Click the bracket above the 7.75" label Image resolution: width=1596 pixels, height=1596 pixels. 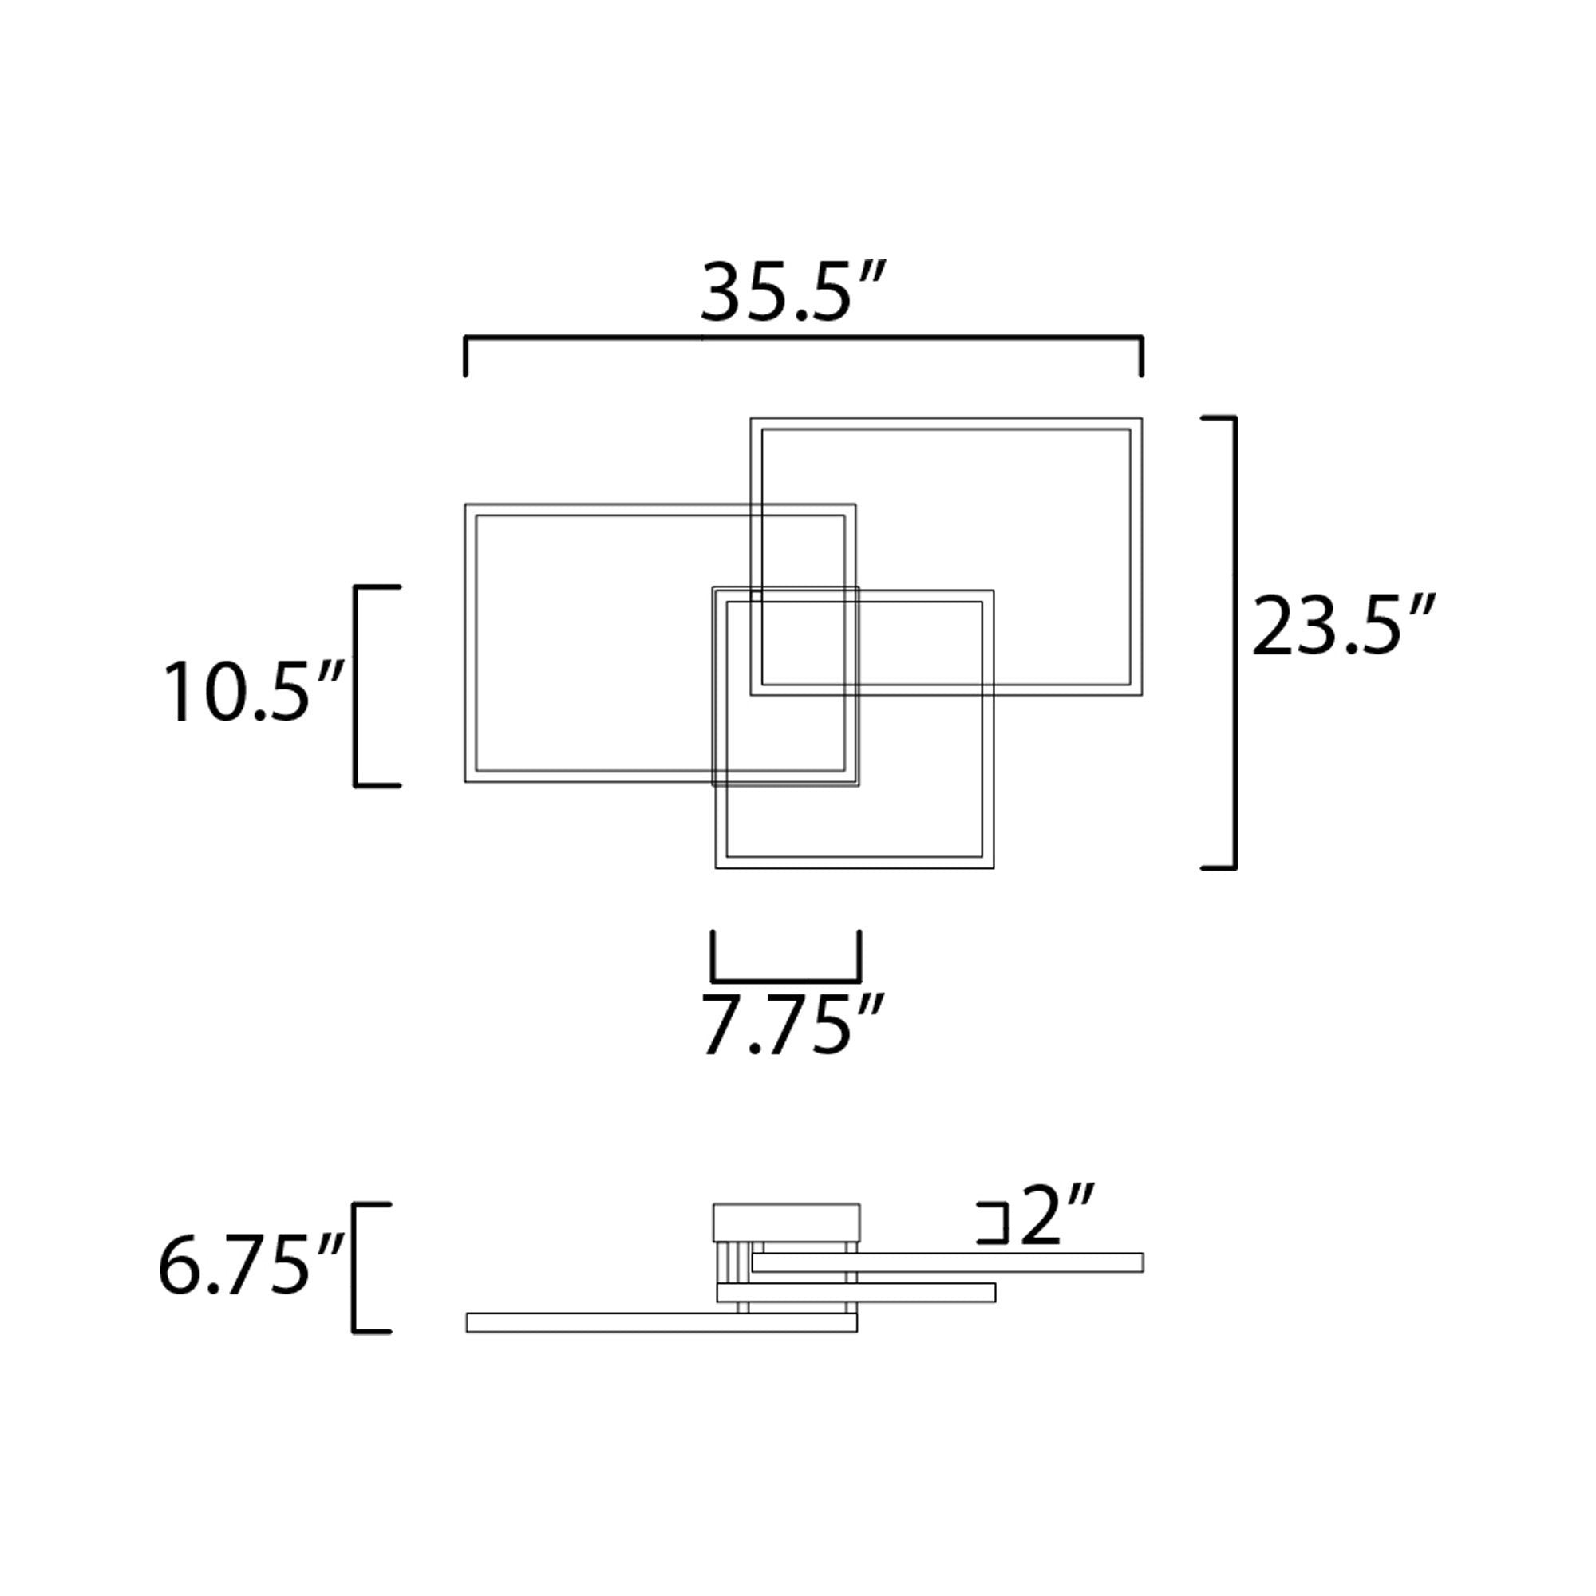coord(785,958)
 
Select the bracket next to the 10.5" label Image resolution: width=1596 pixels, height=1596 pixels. coord(357,685)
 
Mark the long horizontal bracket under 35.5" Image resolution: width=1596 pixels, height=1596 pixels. coord(804,338)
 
